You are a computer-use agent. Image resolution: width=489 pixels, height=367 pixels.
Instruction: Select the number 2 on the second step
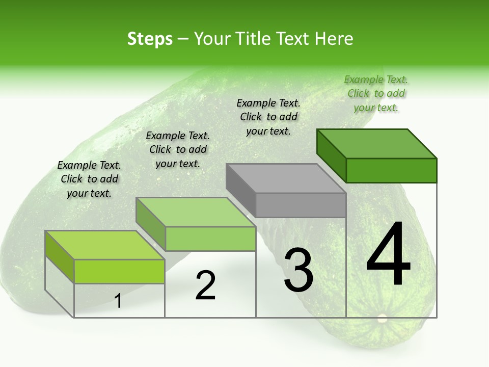[205, 285]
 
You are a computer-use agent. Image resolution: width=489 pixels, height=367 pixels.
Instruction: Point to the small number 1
[118, 301]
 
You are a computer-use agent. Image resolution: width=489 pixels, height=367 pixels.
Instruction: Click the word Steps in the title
[150, 39]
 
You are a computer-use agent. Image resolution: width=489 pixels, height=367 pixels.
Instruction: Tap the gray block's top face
[286, 178]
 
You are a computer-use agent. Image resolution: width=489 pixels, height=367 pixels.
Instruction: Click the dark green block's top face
[377, 143]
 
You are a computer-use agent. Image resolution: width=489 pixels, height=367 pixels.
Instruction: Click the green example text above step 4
[376, 93]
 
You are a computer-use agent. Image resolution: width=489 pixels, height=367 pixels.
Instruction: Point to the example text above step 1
[89, 179]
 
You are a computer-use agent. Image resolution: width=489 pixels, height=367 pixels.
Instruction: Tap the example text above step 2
[178, 149]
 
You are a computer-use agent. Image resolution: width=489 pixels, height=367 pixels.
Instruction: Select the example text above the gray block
[268, 117]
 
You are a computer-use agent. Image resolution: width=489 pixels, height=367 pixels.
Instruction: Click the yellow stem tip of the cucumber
[382, 319]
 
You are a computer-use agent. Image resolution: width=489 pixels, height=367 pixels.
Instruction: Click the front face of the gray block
[301, 205]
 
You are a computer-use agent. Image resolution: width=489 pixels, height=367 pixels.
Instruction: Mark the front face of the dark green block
[391, 170]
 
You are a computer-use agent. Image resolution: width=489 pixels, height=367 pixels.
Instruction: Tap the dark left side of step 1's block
[60, 257]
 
